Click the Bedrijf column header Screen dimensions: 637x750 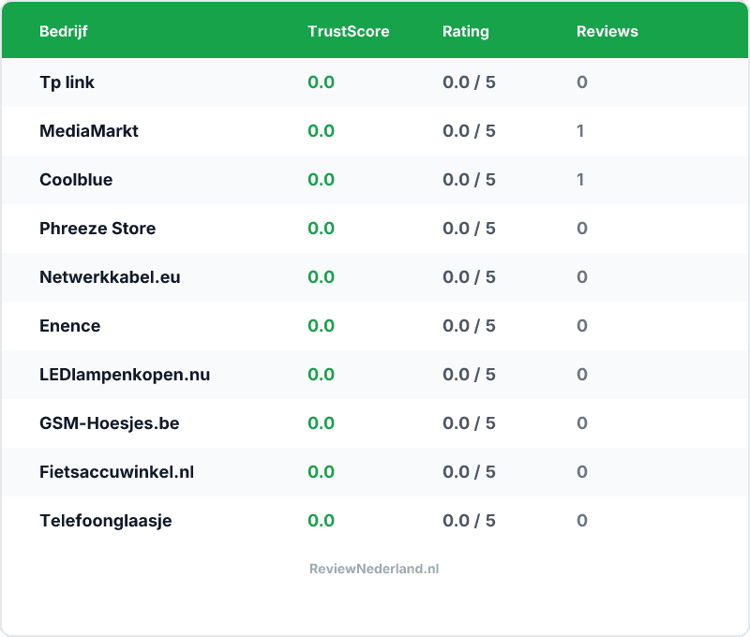[x=64, y=31]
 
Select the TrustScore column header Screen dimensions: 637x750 [x=348, y=31]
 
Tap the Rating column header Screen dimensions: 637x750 [x=465, y=31]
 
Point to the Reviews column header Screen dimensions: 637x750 [x=607, y=31]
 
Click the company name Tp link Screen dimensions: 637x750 [x=67, y=82]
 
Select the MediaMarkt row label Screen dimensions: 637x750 [x=88, y=131]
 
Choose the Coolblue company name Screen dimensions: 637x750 [x=76, y=180]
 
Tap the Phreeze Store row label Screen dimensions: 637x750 [x=97, y=229]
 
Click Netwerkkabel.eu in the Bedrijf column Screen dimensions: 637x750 [x=110, y=277]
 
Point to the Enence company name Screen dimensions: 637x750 [x=69, y=326]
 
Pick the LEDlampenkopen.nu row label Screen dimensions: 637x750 [x=125, y=375]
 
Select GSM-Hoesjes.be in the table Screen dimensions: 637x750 [x=109, y=423]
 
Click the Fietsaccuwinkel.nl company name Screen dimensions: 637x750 [x=116, y=472]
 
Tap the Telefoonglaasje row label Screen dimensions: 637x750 [x=105, y=521]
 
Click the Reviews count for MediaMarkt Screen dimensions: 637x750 [x=580, y=131]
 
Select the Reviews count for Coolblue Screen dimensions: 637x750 [x=580, y=180]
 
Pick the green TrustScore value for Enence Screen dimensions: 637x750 [x=321, y=326]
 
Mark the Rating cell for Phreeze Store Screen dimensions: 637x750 [x=469, y=229]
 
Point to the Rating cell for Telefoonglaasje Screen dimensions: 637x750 [x=469, y=521]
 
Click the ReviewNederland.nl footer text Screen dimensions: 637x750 [x=374, y=569]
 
